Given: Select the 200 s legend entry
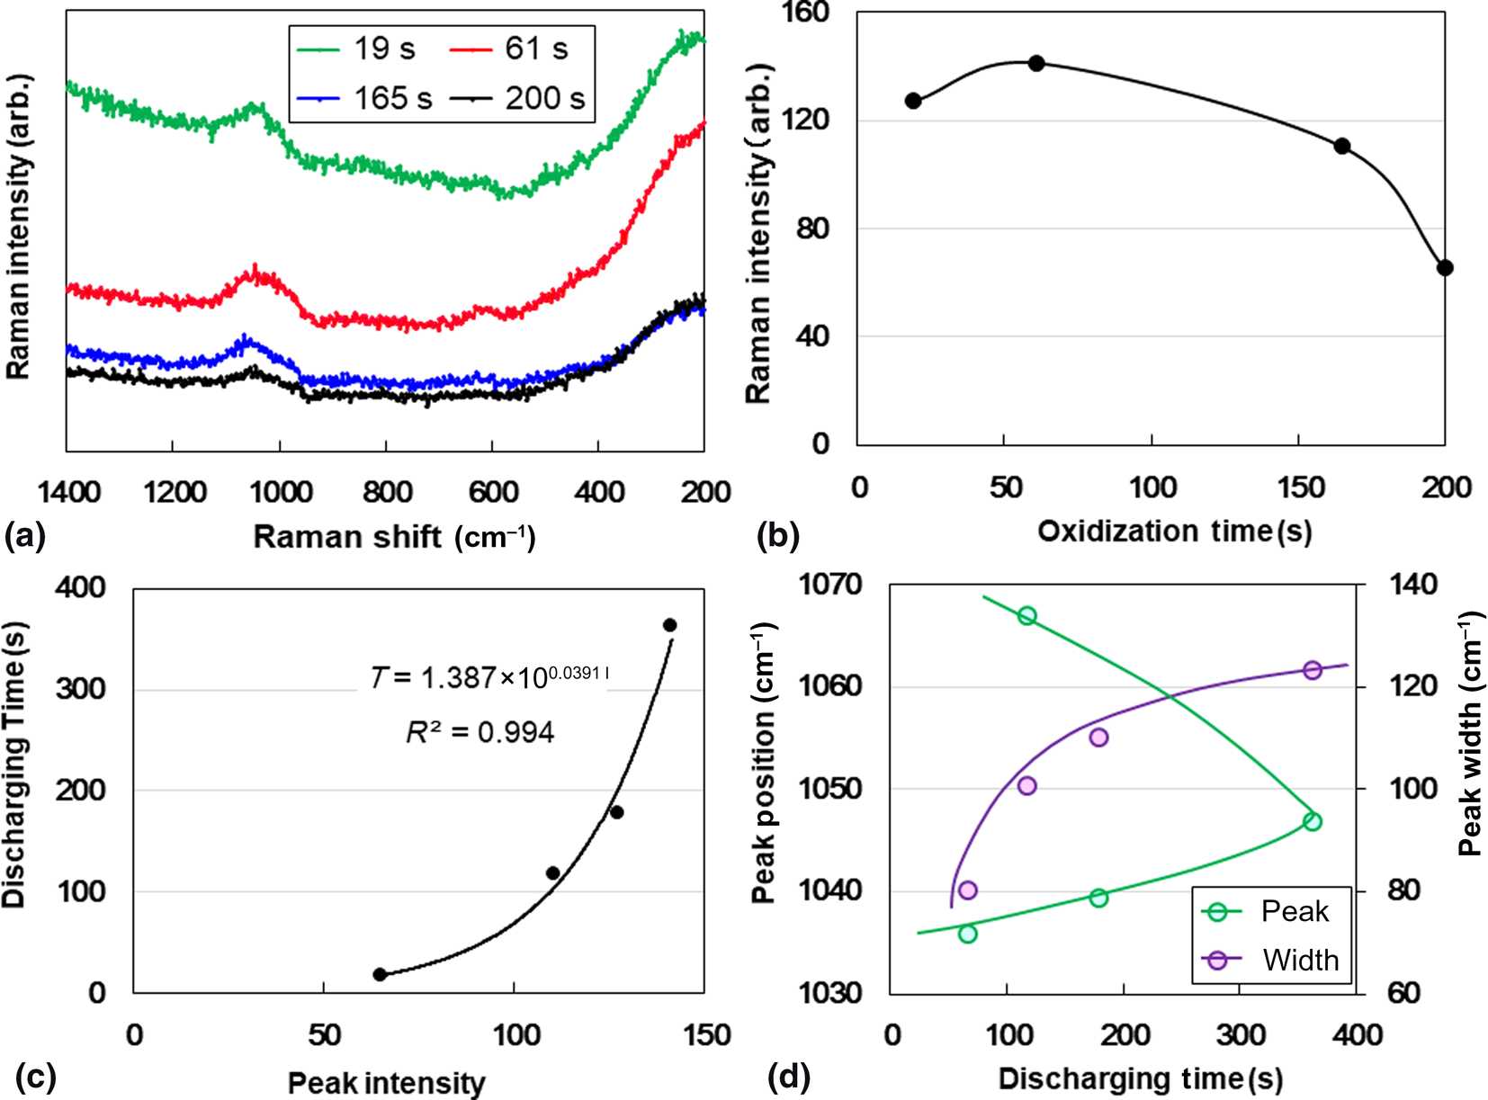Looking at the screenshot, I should pos(517,97).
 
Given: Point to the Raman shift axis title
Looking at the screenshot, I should pos(393,537).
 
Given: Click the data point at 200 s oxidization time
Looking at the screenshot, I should pos(1445,268).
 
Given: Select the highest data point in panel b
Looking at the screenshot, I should pos(1036,63).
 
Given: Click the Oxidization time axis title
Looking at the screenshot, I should pos(1174,532).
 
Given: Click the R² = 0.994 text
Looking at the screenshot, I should pos(480,733).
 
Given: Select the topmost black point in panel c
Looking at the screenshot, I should pos(669,625).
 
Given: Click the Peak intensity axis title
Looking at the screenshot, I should pos(386,1083).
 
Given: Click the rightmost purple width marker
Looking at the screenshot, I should pos(1313,670).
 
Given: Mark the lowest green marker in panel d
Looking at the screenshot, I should pos(968,934).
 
